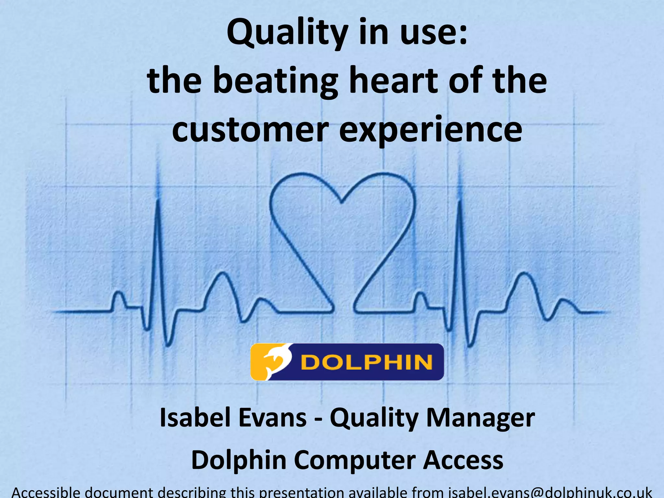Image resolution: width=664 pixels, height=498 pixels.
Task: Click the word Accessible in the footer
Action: point(45,492)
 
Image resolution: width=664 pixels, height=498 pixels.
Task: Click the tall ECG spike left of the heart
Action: point(158,207)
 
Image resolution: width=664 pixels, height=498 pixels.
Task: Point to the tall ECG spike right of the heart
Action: point(459,207)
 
